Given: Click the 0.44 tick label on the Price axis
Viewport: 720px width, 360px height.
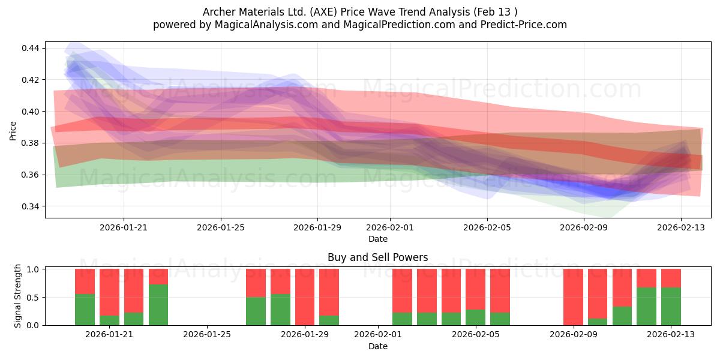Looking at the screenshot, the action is pyautogui.click(x=30, y=48).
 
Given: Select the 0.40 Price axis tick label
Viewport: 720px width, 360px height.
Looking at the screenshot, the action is pyautogui.click(x=30, y=112).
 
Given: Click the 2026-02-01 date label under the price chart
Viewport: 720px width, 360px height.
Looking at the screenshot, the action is pyautogui.click(x=390, y=227).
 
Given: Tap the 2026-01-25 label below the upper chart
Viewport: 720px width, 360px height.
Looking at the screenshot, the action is pyautogui.click(x=221, y=227).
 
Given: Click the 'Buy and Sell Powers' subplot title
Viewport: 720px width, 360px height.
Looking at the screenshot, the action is pyautogui.click(x=377, y=257).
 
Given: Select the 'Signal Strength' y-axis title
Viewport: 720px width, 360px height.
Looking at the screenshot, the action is pyautogui.click(x=17, y=296).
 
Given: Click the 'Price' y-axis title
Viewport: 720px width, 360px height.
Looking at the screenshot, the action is pyautogui.click(x=13, y=131).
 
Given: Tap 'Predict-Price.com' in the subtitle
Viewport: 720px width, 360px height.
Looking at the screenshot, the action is pyautogui.click(x=524, y=25).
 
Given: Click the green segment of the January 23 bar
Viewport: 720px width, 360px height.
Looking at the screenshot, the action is pyautogui.click(x=158, y=305).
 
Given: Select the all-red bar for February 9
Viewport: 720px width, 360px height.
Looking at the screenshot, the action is pyautogui.click(x=573, y=297).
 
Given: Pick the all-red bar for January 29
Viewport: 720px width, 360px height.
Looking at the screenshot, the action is pyautogui.click(x=305, y=297).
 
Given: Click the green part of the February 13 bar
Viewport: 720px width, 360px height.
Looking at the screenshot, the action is pyautogui.click(x=671, y=307).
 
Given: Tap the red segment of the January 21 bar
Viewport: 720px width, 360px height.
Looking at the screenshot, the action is pyautogui.click(x=109, y=292).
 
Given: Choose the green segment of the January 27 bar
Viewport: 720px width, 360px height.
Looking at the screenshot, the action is pyautogui.click(x=256, y=311).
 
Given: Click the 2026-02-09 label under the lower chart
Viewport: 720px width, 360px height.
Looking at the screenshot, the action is pyautogui.click(x=574, y=335).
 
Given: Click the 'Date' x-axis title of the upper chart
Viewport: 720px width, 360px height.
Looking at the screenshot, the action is pyautogui.click(x=377, y=239).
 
